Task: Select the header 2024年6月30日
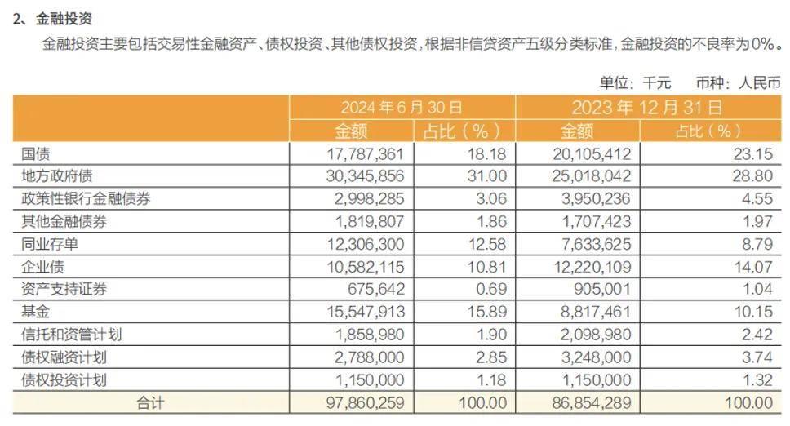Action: coord(402,107)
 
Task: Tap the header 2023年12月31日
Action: coord(646,107)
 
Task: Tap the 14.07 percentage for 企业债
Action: coord(752,267)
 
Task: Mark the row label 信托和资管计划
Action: coord(73,335)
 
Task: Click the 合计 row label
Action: coord(150,402)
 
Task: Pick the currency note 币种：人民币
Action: coord(738,82)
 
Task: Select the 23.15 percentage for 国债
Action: coord(752,153)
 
